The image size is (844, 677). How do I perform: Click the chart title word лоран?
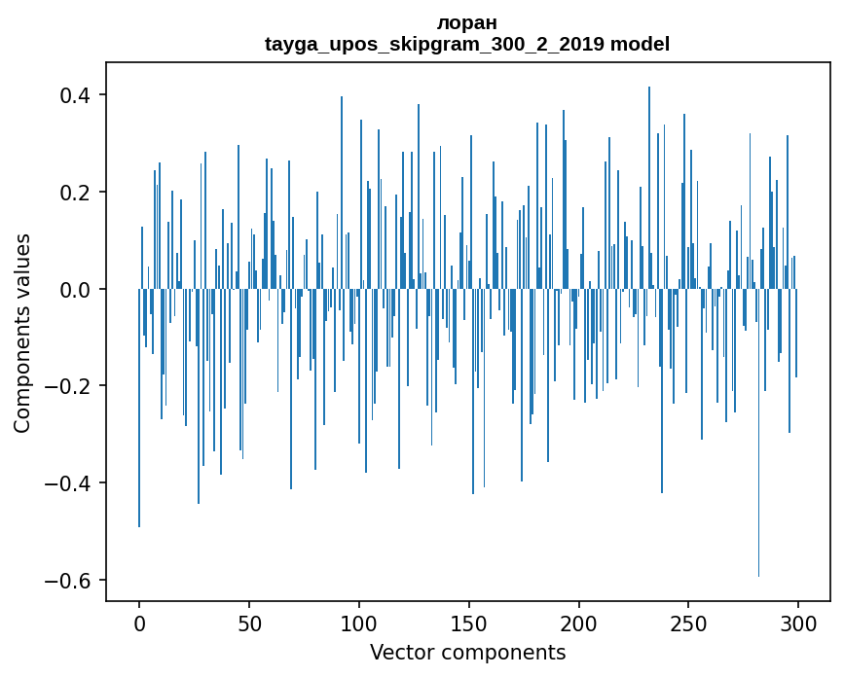tap(467, 22)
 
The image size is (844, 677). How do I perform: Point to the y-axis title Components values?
tap(22, 333)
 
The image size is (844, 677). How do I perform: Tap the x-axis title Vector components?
tap(467, 652)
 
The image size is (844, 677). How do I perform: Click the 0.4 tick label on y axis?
tap(72, 95)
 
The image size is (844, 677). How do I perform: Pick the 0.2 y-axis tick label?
tap(72, 193)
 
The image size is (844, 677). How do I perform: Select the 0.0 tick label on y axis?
tap(72, 290)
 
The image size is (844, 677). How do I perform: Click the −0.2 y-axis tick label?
tap(65, 386)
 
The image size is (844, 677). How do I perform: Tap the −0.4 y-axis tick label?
tap(65, 483)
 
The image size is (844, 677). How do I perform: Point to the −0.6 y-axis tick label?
tap(65, 581)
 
